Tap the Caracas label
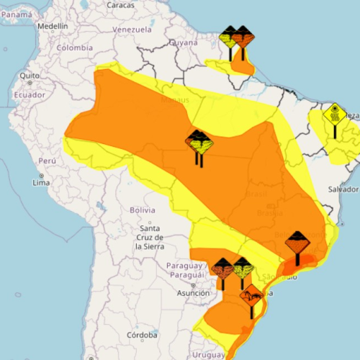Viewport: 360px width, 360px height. [x=120, y=5]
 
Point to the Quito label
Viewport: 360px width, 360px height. [x=29, y=75]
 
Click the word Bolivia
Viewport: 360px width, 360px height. [x=143, y=210]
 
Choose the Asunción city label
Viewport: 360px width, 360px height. [x=192, y=294]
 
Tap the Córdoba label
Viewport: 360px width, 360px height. [x=141, y=335]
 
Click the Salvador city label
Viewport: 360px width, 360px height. [x=341, y=189]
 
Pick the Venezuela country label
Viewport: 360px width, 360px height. [x=132, y=30]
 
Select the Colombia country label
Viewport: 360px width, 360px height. [x=76, y=48]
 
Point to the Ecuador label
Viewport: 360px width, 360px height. [x=30, y=94]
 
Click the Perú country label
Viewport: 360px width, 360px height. [x=47, y=161]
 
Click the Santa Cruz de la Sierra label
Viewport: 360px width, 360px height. [x=150, y=237]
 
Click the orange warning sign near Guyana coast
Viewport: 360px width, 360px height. [x=243, y=36]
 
